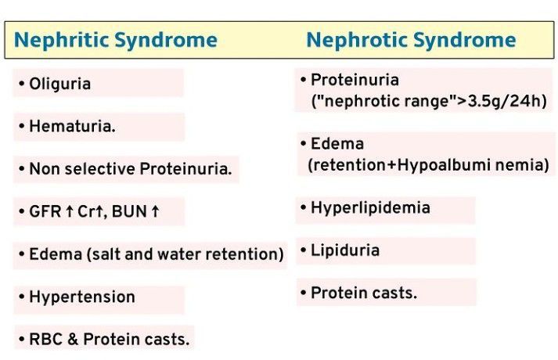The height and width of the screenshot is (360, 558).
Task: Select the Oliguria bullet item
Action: pyautogui.click(x=59, y=84)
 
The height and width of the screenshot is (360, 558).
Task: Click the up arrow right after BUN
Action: pyautogui.click(x=157, y=212)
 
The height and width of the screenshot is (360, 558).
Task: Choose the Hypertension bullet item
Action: pyautogui.click(x=81, y=297)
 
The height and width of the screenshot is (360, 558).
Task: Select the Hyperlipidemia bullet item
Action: pyautogui.click(x=370, y=208)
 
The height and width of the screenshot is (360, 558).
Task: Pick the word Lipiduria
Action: pyautogui.click(x=345, y=250)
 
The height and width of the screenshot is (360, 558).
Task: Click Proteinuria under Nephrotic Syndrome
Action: pyautogui.click(x=355, y=80)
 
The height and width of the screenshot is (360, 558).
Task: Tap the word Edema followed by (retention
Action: pyautogui.click(x=337, y=144)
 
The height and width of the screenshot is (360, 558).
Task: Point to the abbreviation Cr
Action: pyautogui.click(x=84, y=212)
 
